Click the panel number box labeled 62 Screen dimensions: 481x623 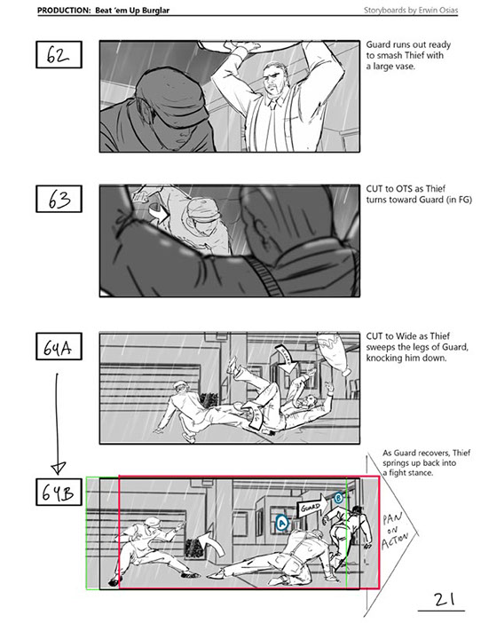59,54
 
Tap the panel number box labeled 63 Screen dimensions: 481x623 59,199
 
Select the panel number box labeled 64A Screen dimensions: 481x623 59,346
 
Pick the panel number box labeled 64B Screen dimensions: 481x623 59,492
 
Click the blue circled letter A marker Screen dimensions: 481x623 281,522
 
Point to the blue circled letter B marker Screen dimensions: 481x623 338,498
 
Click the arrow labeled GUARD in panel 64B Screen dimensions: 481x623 312,506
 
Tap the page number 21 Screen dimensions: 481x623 444,599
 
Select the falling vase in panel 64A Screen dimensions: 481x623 335,353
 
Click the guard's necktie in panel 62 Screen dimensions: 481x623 272,104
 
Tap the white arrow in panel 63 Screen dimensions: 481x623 159,212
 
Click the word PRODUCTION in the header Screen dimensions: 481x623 64,11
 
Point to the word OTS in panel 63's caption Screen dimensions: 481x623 403,189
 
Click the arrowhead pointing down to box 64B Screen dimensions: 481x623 59,469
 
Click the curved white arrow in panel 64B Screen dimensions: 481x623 211,540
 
